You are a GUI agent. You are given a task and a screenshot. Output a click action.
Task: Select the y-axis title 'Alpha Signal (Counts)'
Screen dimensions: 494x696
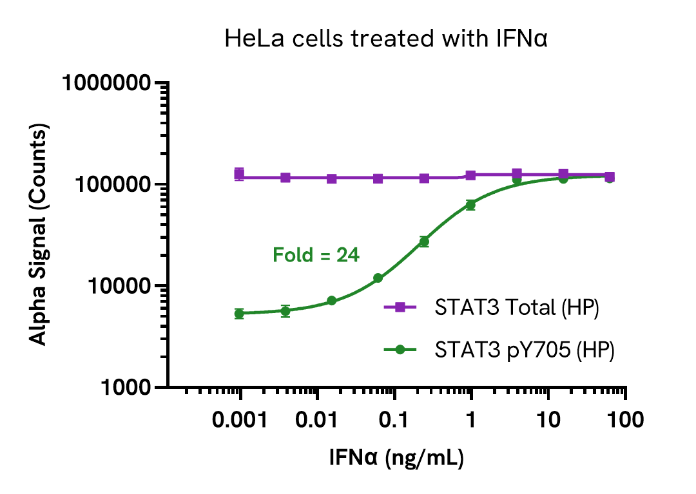39,236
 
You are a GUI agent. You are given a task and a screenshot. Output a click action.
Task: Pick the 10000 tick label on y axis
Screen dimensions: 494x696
122,287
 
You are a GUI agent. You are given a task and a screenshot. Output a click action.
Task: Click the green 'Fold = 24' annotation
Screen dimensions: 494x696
316,256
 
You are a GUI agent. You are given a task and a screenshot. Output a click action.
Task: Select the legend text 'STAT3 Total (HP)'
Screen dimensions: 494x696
517,308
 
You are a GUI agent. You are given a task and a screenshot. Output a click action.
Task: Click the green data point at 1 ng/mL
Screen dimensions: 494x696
470,205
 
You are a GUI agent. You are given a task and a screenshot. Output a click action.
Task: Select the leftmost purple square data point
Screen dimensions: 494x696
239,174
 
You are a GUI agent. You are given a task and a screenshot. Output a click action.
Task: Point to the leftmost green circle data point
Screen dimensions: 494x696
239,314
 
